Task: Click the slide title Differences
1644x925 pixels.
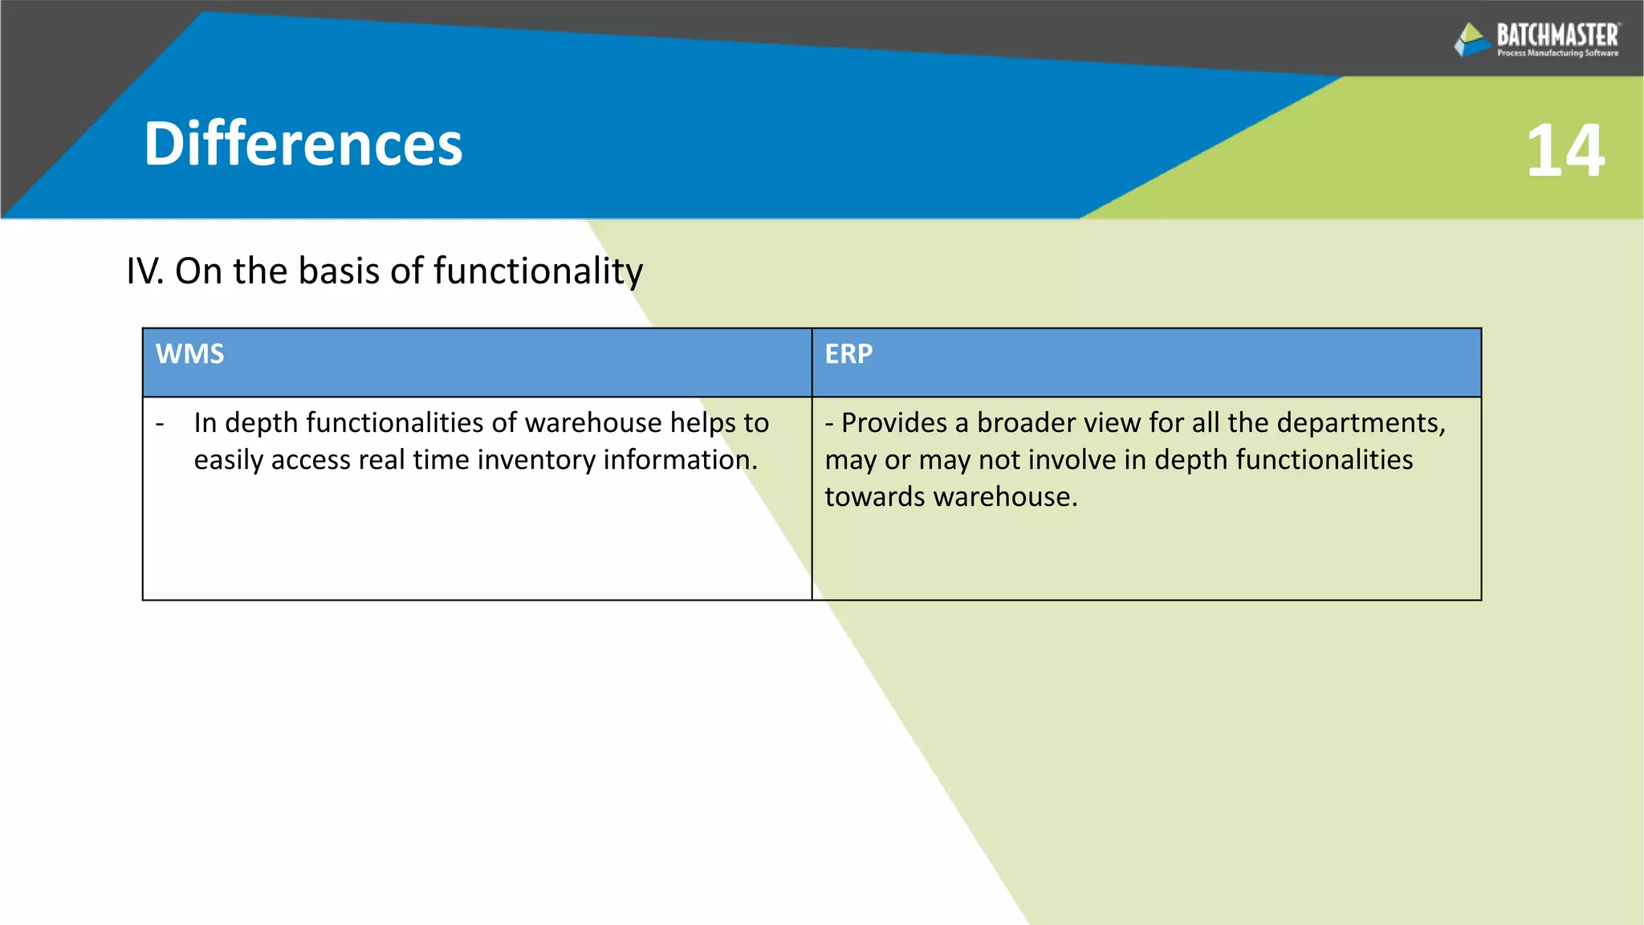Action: [303, 145]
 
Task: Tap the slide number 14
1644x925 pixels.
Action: [1565, 151]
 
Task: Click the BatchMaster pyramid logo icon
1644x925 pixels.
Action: [1472, 39]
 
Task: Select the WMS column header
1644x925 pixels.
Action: [189, 354]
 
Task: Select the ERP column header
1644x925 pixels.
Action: [848, 354]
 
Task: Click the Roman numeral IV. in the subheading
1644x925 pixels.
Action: [144, 271]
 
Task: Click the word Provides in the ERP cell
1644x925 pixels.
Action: [894, 423]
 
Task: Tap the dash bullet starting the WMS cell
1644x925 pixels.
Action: [160, 423]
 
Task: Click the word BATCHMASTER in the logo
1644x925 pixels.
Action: [1557, 35]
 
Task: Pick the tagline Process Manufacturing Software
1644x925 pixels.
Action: [1557, 54]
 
